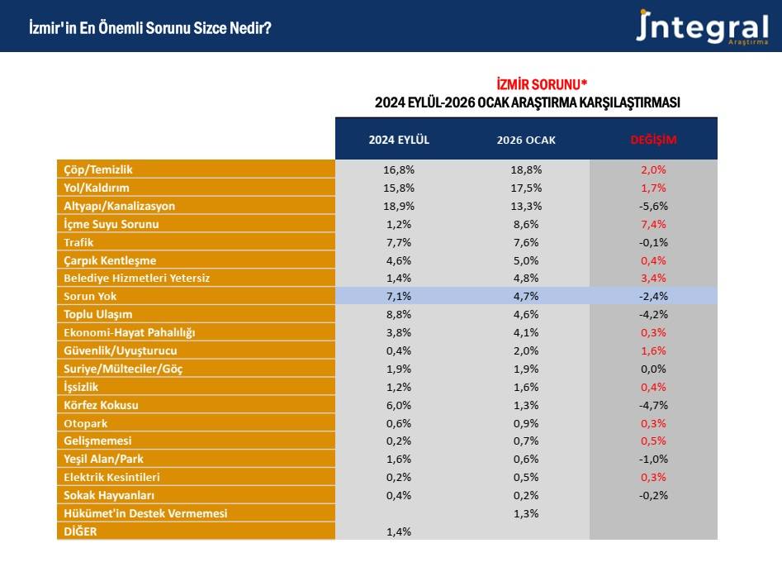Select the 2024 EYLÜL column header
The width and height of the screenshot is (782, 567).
399,140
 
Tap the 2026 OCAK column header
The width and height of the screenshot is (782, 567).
526,140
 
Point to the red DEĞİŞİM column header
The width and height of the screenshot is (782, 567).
653,140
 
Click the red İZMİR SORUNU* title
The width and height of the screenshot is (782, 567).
542,85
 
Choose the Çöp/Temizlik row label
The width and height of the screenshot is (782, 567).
98,169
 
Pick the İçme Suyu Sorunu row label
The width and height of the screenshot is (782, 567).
111,224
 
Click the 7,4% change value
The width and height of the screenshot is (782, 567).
653,224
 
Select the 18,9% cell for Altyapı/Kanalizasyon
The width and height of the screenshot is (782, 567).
399,206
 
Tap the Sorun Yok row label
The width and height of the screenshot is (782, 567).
90,296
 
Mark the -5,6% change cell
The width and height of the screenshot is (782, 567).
653,206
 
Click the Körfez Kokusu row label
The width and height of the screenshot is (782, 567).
102,405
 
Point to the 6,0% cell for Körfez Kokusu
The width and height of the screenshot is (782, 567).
399,405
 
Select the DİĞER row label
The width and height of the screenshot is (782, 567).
81,531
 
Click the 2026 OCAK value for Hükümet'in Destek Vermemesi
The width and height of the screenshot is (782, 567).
526,513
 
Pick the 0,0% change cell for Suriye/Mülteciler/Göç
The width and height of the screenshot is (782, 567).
653,369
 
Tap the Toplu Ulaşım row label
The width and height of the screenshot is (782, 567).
98,314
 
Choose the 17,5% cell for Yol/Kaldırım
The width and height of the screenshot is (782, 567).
526,188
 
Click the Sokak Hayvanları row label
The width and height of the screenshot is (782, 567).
111,495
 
